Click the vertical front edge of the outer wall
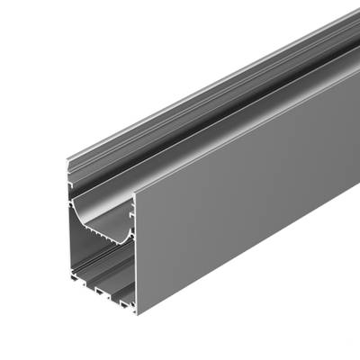tap(136, 252)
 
